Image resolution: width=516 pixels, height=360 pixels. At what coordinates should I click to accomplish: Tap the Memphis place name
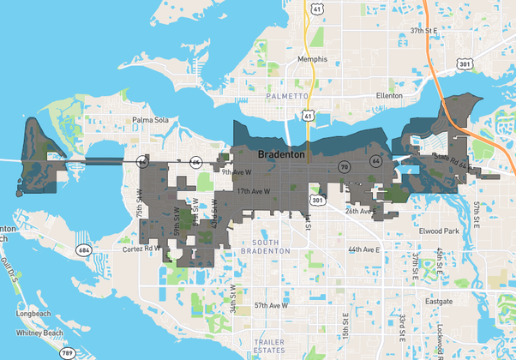(x=312, y=59)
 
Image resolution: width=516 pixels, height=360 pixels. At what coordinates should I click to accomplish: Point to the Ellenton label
(x=389, y=96)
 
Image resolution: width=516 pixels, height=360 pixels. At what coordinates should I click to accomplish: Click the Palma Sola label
(x=149, y=120)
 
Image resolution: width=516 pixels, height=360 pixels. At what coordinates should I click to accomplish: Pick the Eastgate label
(x=438, y=302)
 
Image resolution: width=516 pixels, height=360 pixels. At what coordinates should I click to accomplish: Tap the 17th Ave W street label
(x=255, y=191)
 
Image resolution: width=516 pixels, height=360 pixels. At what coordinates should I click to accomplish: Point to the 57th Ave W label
(x=271, y=304)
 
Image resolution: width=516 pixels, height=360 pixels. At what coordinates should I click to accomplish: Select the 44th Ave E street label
(x=363, y=249)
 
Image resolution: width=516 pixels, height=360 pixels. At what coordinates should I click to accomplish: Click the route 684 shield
(x=82, y=250)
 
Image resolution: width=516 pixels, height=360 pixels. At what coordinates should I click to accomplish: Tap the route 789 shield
(x=67, y=352)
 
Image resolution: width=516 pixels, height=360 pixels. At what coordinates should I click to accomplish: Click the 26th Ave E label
(x=360, y=210)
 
